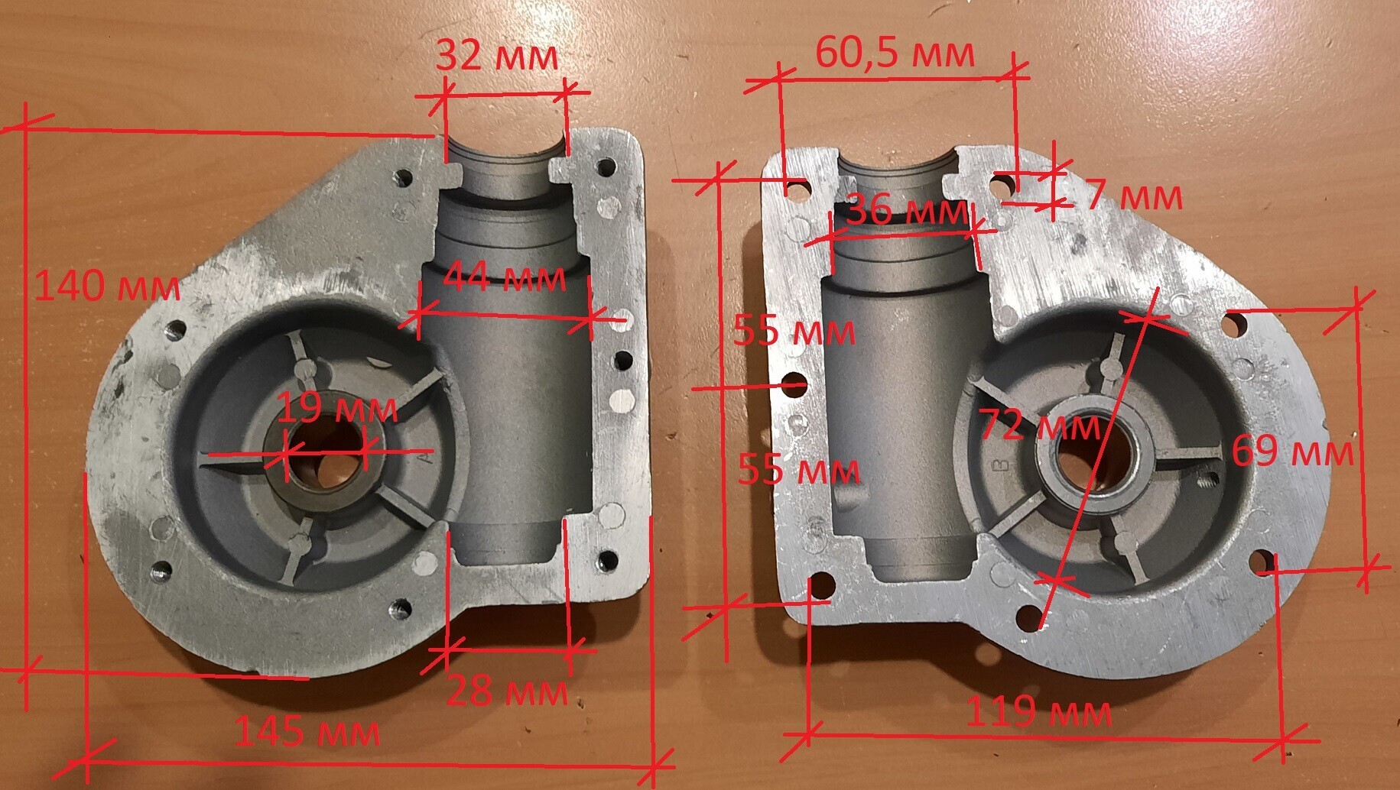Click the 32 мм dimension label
pyautogui.click(x=497, y=56)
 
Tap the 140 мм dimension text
pyautogui.click(x=108, y=287)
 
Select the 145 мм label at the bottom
pyautogui.click(x=307, y=731)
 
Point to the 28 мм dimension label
pyautogui.click(x=507, y=691)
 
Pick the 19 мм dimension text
pyautogui.click(x=337, y=408)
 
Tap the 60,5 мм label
pyautogui.click(x=895, y=53)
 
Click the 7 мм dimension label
pyautogui.click(x=1135, y=196)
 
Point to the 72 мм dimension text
pyautogui.click(x=1041, y=425)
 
